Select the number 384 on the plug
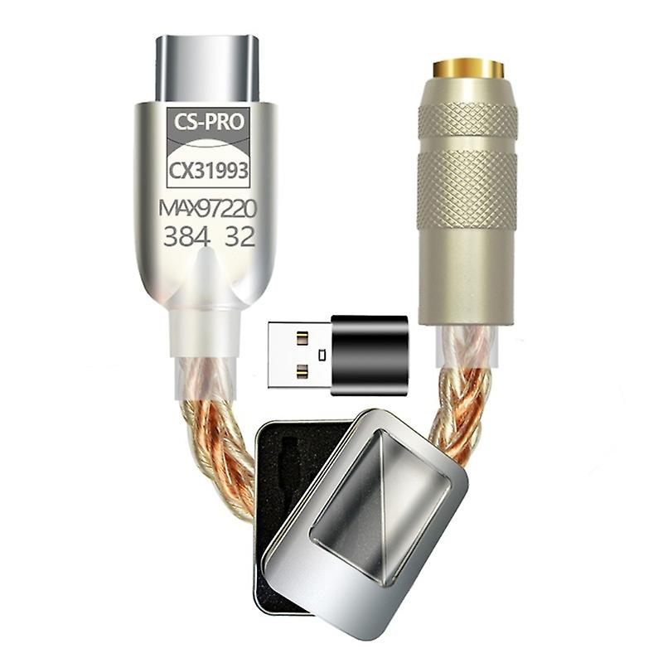coord(186,237)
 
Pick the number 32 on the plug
coord(238,237)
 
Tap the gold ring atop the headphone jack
coord(469,67)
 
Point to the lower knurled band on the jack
coord(467,189)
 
